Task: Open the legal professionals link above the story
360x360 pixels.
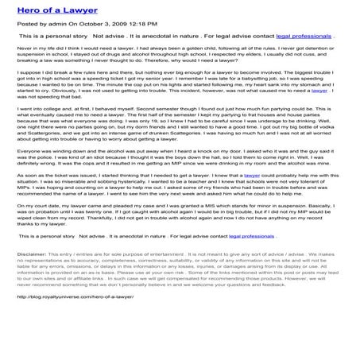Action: [302, 37]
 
